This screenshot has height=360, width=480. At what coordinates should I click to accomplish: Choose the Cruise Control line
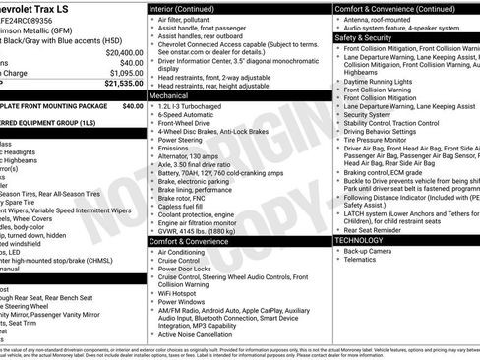point(186,261)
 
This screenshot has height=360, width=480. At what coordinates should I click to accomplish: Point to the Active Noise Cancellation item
point(202,333)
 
